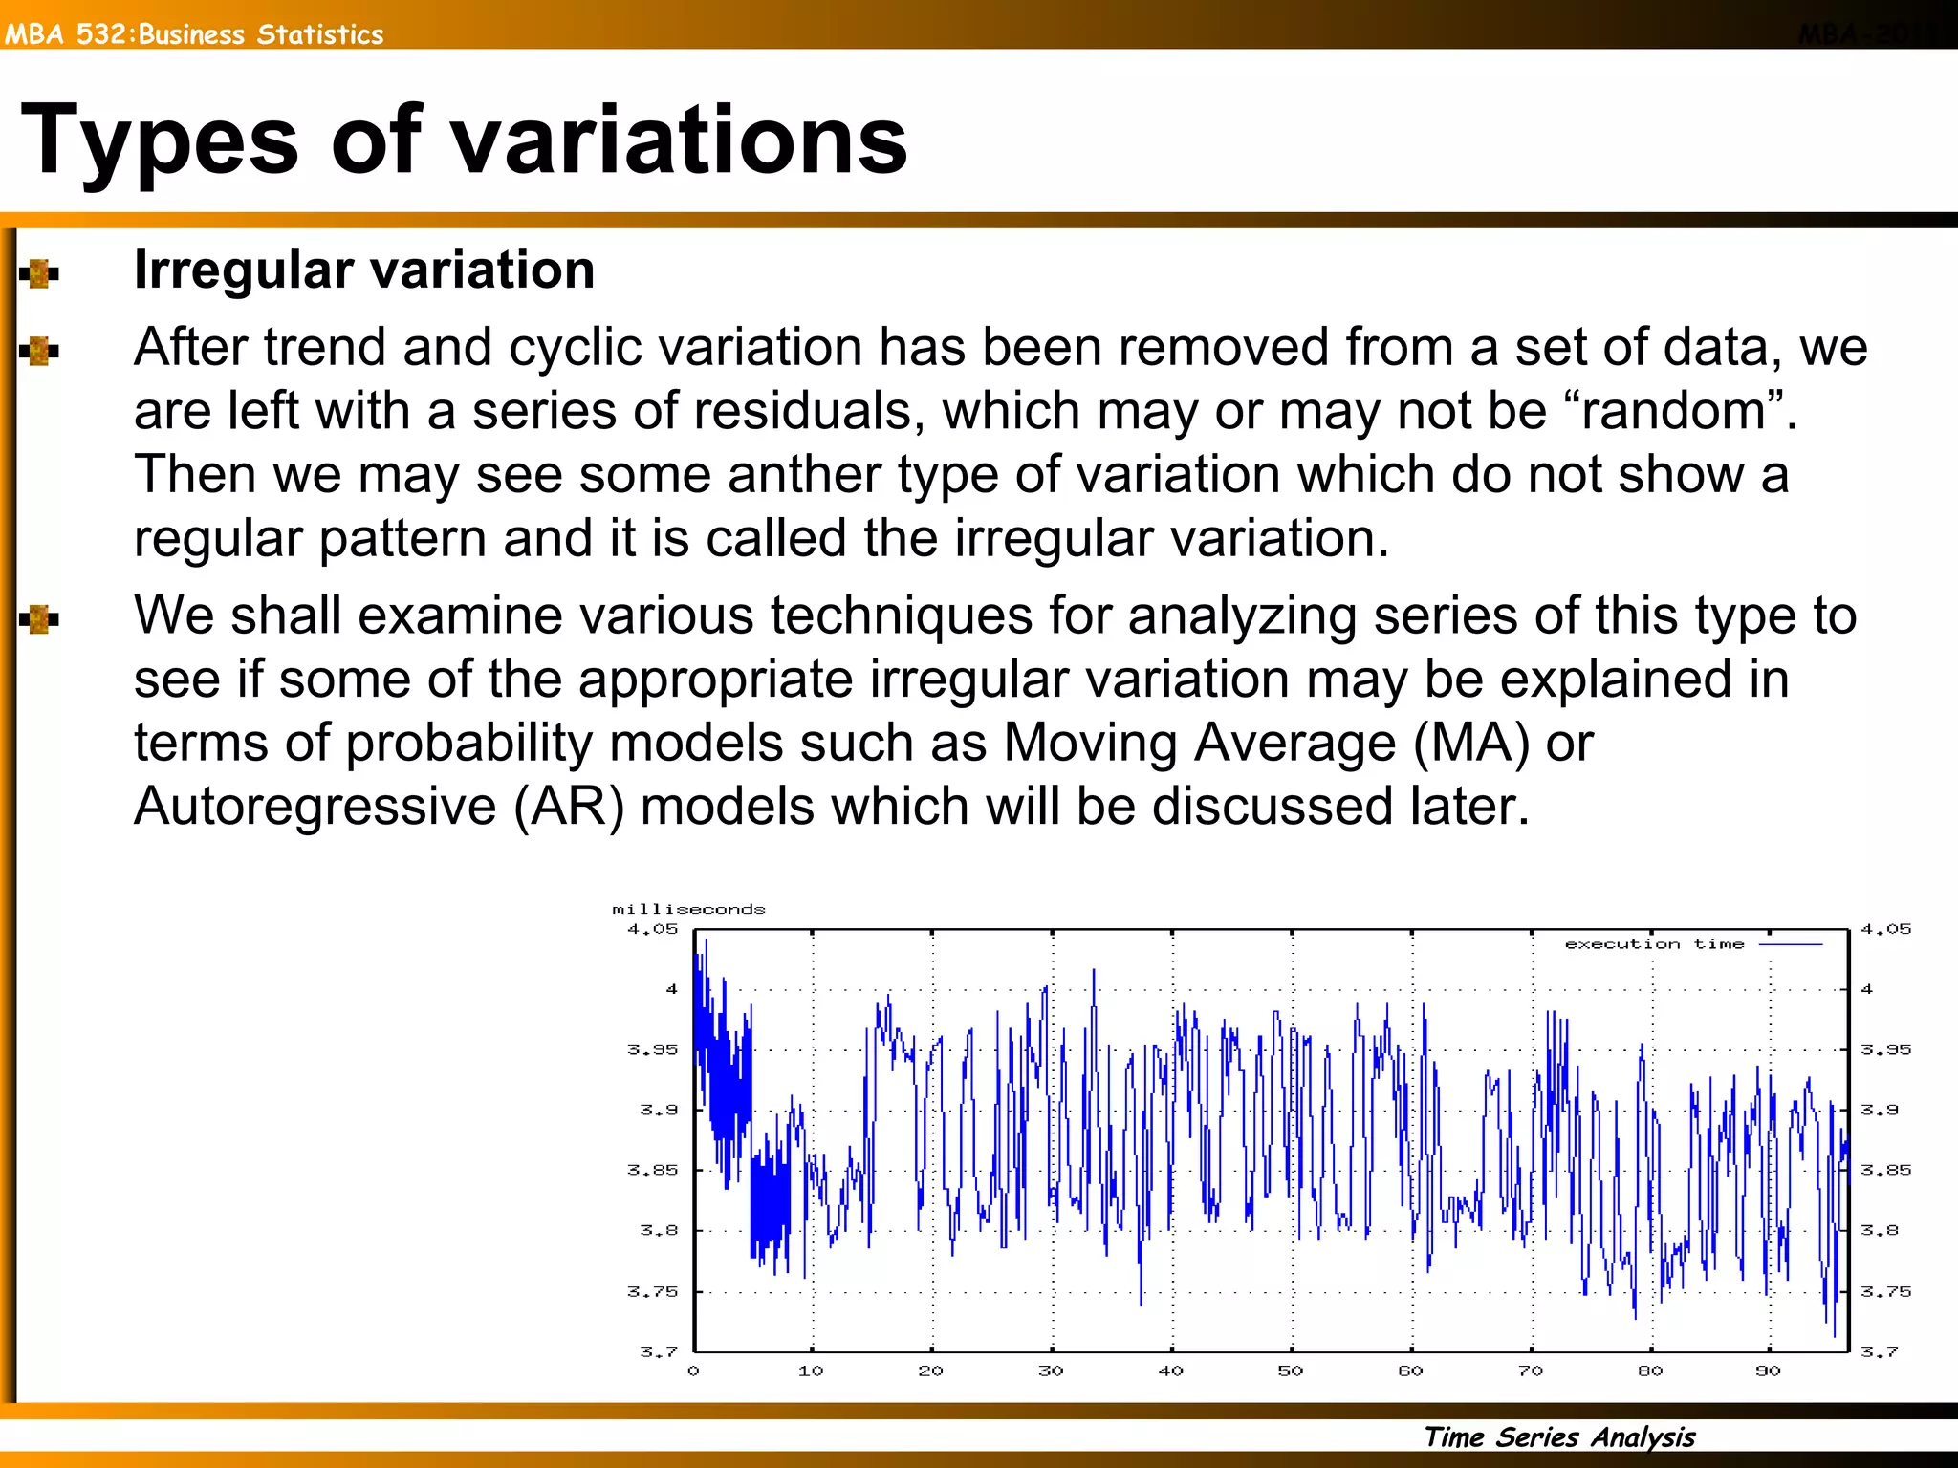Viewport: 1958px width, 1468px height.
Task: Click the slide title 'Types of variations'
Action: (x=464, y=141)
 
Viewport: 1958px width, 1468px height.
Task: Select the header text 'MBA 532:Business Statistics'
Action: (x=194, y=34)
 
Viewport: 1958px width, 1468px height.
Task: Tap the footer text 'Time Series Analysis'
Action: (x=1558, y=1436)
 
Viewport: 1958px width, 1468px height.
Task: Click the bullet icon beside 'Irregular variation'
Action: (x=39, y=273)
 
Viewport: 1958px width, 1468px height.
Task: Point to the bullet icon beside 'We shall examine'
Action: (x=39, y=619)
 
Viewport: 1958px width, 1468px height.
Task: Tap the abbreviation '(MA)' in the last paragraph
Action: (x=1470, y=743)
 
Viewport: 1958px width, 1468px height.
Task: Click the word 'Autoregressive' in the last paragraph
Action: (x=315, y=806)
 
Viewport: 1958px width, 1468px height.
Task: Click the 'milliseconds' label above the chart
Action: (x=688, y=909)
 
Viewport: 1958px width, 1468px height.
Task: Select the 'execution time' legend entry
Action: (x=1654, y=944)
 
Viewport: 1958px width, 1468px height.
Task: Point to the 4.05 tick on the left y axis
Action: (x=652, y=929)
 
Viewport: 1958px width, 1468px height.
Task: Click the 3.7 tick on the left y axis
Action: (x=658, y=1351)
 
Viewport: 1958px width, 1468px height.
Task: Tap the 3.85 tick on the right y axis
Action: (x=1885, y=1170)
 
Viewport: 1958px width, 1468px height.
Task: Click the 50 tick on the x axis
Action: (x=1291, y=1371)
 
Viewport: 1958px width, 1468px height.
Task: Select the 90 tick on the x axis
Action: (x=1768, y=1371)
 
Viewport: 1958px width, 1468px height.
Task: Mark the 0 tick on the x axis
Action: (x=693, y=1371)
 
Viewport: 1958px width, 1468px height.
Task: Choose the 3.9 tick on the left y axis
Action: (x=658, y=1110)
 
